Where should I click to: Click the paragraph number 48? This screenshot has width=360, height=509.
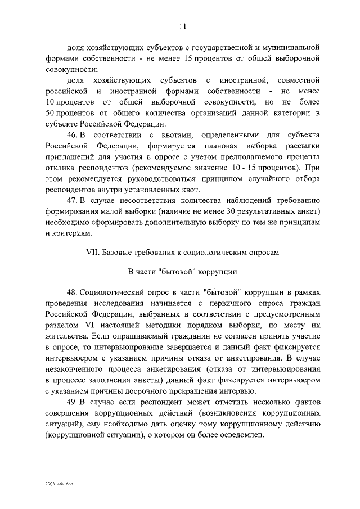tap(72, 293)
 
